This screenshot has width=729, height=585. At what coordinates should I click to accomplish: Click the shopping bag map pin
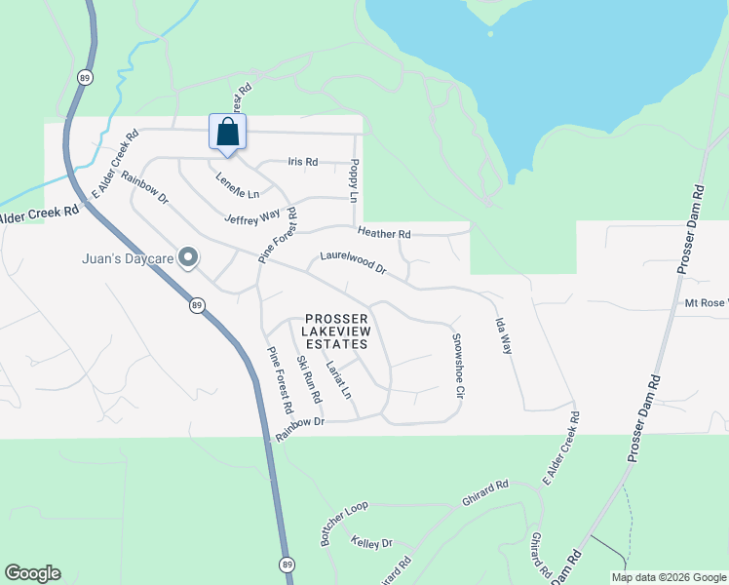point(227,132)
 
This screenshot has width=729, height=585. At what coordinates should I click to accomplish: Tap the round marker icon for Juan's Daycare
point(189,258)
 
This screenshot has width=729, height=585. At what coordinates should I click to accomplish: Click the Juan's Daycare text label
point(127,259)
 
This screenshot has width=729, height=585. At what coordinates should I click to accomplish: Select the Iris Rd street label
point(303,162)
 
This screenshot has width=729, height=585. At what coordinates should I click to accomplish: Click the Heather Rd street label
point(384,234)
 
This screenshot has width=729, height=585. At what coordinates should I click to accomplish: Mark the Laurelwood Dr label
point(353,263)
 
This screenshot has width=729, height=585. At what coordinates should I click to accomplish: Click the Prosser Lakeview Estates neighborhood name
point(336,331)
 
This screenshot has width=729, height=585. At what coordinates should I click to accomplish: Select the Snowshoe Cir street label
point(455,367)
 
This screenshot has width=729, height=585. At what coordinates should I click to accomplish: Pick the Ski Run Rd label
point(309,380)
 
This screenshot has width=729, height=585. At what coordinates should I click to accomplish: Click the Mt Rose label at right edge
point(705,303)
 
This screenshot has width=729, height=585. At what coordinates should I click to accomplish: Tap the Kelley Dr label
point(370,542)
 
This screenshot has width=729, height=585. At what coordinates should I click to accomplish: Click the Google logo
point(32,573)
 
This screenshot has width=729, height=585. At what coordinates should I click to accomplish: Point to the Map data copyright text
point(668,577)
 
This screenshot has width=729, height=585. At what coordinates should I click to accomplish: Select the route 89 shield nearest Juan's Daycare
point(197,305)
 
